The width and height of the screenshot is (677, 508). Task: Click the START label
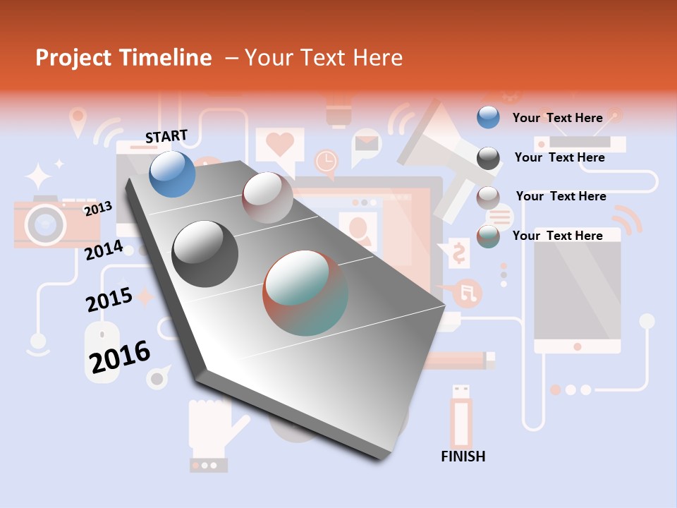[166, 136]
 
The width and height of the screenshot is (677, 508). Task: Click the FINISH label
[463, 456]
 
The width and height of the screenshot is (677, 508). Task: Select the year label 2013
[98, 209]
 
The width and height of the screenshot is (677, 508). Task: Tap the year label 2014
[104, 250]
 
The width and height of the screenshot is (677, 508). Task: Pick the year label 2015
[109, 299]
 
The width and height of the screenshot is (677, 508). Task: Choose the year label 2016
[120, 357]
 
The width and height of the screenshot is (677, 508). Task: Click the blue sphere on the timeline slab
[173, 174]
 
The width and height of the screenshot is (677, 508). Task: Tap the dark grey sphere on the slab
[205, 254]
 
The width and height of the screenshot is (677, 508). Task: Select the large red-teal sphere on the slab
[305, 293]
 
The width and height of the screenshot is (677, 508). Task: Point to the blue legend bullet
[488, 117]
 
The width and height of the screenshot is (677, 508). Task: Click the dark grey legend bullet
[488, 157]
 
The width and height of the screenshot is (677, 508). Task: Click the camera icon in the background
[45, 222]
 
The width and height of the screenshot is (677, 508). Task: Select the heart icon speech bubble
[279, 146]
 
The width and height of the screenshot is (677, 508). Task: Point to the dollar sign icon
[458, 253]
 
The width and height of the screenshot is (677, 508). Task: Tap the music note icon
[468, 291]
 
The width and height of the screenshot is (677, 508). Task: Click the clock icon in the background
[326, 162]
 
